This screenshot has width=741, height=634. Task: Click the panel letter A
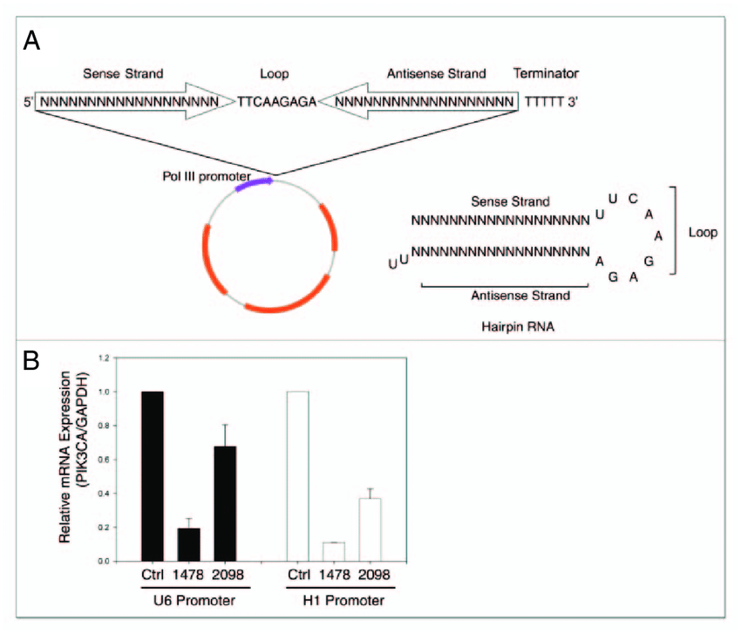[31, 40]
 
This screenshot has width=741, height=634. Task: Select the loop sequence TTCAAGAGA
[275, 102]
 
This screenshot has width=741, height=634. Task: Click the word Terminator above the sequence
[546, 74]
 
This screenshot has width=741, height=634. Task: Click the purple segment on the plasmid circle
[254, 185]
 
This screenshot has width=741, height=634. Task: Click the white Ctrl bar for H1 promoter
[298, 476]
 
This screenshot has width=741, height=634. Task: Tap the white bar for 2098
[370, 529]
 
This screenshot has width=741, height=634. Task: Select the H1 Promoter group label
[335, 601]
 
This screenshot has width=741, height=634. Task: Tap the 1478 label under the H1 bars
[335, 576]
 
